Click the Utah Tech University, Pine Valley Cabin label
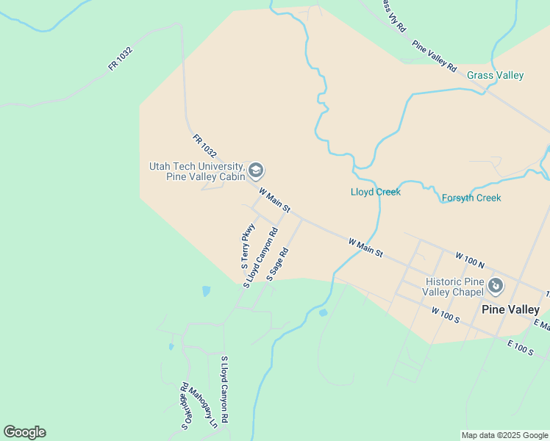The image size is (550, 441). (196, 171)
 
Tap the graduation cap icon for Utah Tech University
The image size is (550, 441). (256, 171)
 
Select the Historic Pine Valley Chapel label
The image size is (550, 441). (454, 287)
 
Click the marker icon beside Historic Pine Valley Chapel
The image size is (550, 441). (496, 284)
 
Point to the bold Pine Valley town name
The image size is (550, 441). (510, 309)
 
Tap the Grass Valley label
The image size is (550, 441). (496, 75)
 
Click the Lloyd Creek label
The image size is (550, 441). (376, 192)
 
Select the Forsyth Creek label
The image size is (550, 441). (471, 198)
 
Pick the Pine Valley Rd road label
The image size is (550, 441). (435, 56)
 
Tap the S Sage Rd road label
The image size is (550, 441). (277, 264)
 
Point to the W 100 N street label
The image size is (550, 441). (470, 260)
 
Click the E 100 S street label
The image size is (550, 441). (520, 348)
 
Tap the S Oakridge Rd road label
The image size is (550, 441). (186, 405)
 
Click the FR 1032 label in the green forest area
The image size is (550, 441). (120, 59)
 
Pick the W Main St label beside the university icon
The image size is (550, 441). (275, 200)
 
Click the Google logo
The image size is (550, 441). (24, 432)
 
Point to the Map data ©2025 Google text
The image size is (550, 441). (504, 435)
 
